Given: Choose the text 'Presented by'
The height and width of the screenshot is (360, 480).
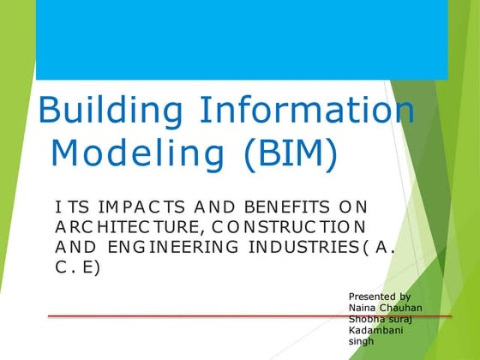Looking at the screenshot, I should click(379, 296).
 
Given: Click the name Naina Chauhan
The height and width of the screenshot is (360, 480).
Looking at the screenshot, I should click(385, 308).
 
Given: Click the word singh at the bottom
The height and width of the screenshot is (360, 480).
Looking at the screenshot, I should click(361, 341).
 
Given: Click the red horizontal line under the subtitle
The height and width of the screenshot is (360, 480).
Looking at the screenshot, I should click(197, 316).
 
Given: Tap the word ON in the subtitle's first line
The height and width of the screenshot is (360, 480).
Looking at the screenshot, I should click(353, 208).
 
